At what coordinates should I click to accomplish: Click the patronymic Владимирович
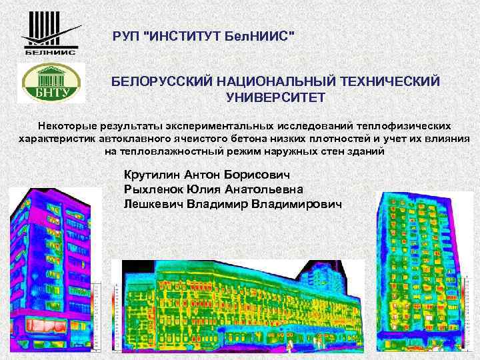(x=297, y=204)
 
